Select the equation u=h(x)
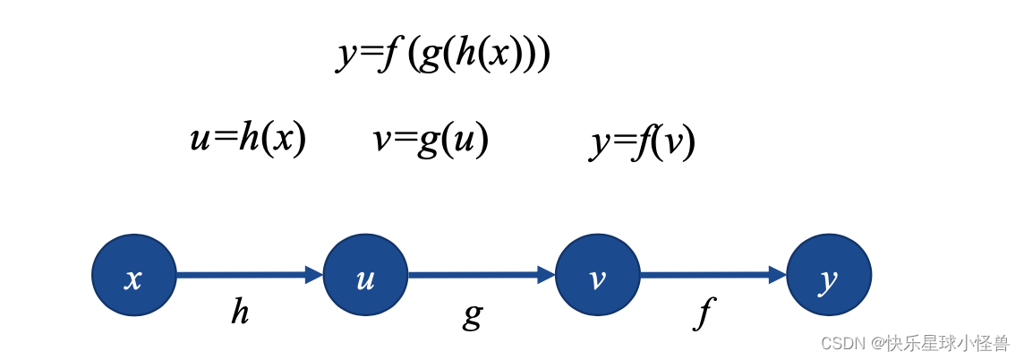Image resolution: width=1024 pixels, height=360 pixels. click(248, 139)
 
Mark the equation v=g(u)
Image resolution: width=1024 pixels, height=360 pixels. click(431, 139)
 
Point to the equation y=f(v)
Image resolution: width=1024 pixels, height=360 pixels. click(643, 141)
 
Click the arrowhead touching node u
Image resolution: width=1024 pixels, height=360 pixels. click(314, 275)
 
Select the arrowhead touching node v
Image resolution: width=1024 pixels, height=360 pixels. click(546, 275)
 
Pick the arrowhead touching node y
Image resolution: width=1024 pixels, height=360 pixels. click(777, 275)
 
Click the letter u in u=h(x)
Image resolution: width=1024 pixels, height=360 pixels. click(200, 141)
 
